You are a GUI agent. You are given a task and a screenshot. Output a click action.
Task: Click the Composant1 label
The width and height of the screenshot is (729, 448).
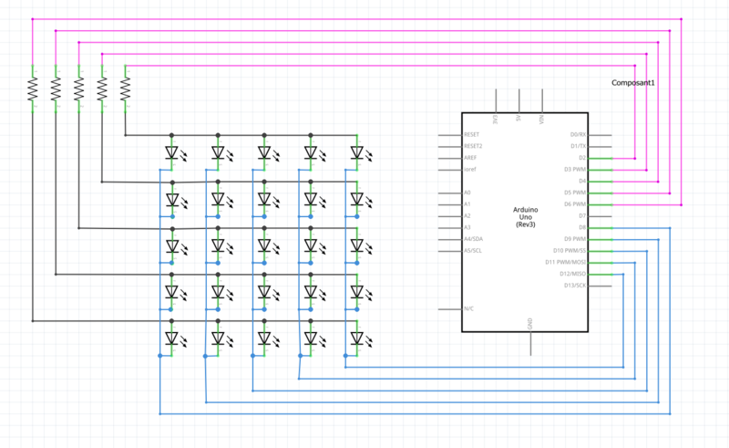pos(633,83)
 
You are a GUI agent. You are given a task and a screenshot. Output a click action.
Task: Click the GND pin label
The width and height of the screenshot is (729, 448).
pos(529,322)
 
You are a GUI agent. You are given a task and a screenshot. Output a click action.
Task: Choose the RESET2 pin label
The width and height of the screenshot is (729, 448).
pos(473,146)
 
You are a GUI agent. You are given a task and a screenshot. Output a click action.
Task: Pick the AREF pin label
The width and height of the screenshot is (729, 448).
pos(469,158)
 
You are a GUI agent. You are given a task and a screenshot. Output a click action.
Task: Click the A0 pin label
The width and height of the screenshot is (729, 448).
pos(467,193)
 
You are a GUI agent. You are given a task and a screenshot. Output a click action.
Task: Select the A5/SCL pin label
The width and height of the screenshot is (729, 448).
pos(474,250)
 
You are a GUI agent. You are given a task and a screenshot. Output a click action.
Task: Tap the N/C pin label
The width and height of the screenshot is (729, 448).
pos(468,308)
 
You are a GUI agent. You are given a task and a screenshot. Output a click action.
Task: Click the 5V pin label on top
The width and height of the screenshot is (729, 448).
pos(519,120)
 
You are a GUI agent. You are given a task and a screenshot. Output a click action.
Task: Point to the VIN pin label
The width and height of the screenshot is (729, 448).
pos(542,120)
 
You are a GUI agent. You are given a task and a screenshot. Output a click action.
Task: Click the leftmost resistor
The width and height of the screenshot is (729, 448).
pos(32,89)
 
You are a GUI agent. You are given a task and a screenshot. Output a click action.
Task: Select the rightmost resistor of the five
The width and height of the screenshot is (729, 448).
pos(125,89)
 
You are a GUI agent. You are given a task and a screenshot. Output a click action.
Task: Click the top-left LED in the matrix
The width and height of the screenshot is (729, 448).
pos(171,152)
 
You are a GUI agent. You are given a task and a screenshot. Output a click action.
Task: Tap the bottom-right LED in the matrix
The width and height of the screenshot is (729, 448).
pos(357,339)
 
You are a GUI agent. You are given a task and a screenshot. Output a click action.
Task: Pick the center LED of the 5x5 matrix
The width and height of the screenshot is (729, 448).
pos(264,245)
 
